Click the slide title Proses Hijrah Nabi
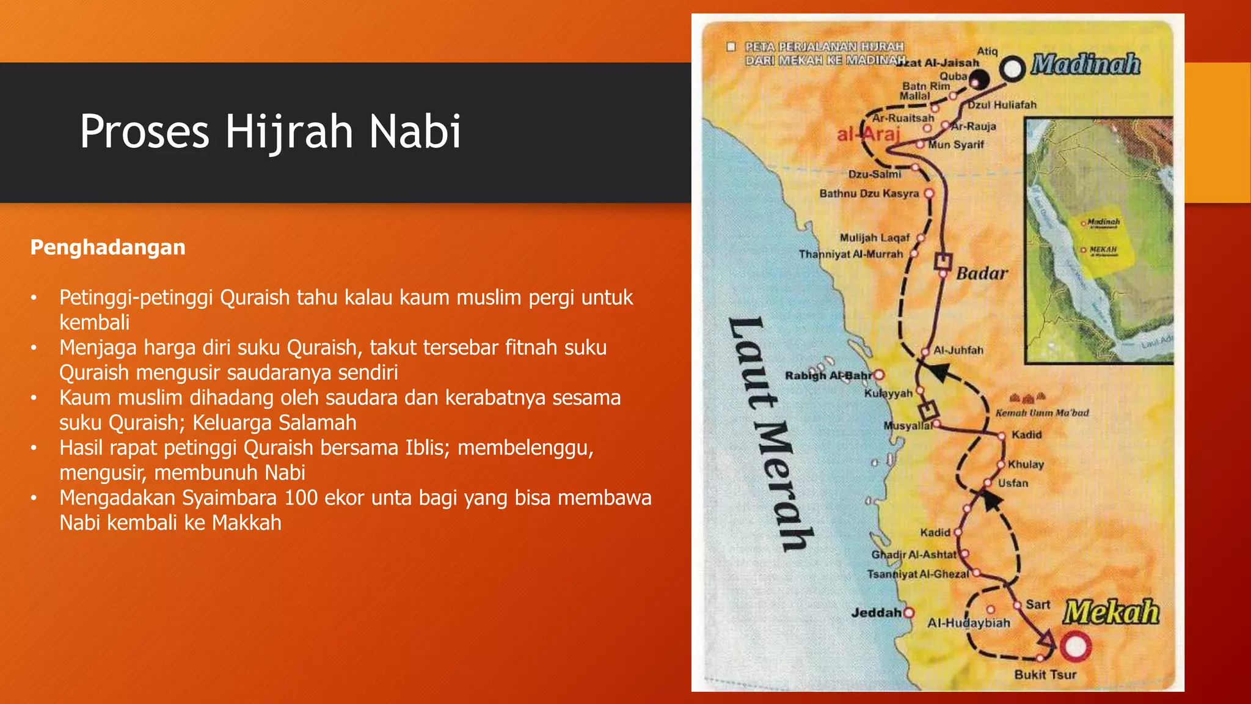(x=271, y=131)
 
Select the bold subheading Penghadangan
(x=108, y=248)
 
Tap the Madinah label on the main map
(x=1085, y=64)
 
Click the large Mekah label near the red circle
(x=1110, y=612)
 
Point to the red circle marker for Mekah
(x=1075, y=647)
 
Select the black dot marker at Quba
(x=980, y=79)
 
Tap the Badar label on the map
(x=982, y=273)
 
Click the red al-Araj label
(x=868, y=134)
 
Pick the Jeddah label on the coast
(x=877, y=612)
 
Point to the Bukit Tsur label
(x=1045, y=675)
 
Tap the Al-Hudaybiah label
(x=968, y=623)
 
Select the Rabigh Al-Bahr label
(x=828, y=375)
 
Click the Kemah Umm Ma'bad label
(x=1042, y=413)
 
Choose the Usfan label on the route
(x=1013, y=483)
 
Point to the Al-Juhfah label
(x=958, y=351)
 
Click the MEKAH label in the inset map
(x=1103, y=250)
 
